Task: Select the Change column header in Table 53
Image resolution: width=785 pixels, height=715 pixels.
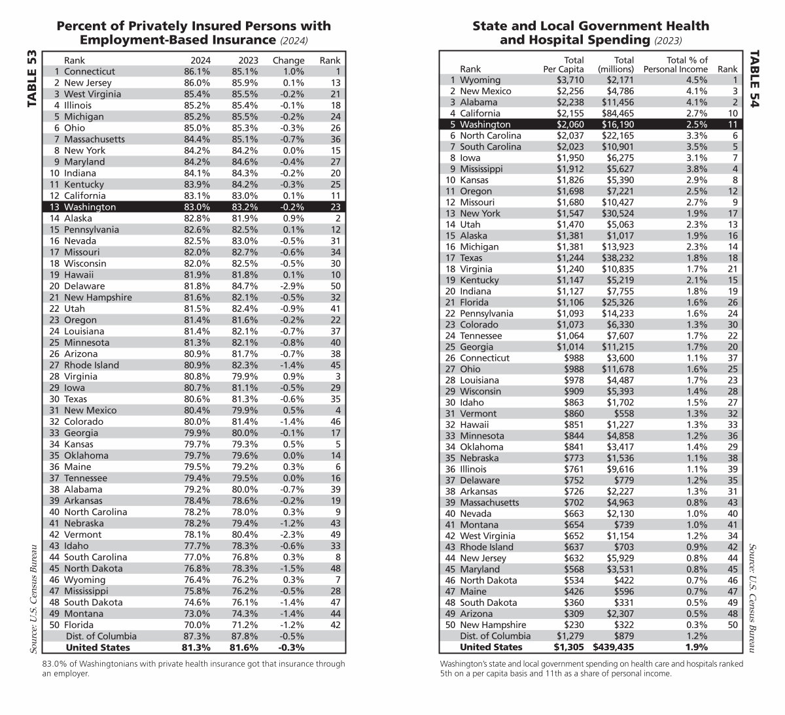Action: [288, 60]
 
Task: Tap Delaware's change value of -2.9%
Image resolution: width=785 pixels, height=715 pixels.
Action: [293, 286]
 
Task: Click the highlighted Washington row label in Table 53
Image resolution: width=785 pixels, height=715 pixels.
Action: [90, 207]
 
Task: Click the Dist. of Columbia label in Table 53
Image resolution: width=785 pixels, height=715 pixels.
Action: [101, 636]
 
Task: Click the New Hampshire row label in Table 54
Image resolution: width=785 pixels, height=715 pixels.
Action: [493, 625]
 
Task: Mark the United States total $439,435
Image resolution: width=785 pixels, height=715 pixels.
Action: [613, 647]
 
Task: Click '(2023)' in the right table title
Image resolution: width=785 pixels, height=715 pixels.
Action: [667, 41]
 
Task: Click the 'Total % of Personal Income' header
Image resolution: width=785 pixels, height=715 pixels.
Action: [675, 64]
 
